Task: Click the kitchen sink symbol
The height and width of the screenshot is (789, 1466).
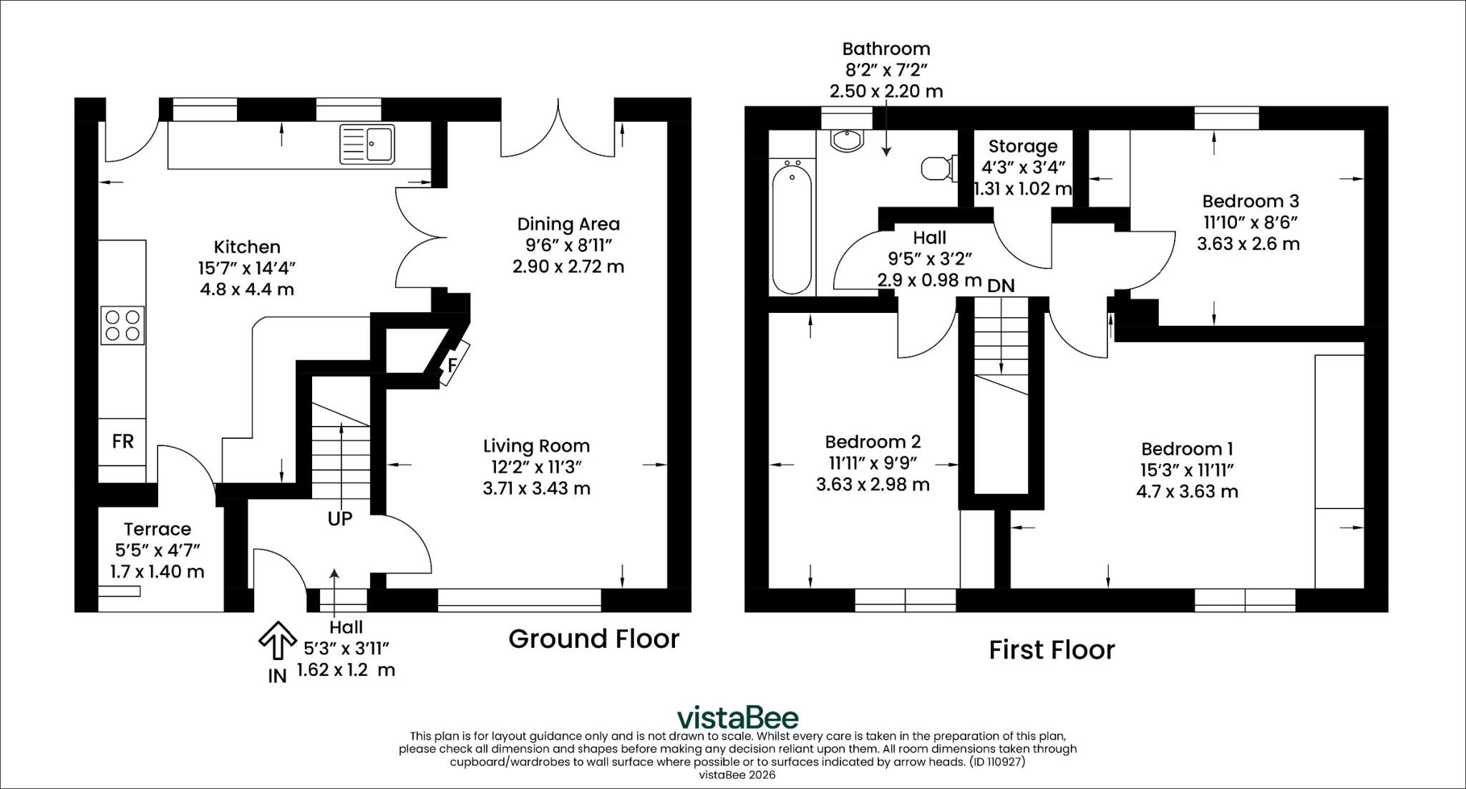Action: click(367, 144)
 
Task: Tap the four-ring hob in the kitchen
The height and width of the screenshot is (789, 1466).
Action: click(122, 326)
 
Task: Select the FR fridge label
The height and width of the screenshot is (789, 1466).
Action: click(123, 441)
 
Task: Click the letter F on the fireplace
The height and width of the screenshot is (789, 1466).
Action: click(452, 365)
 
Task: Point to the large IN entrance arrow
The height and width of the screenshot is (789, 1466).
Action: click(277, 639)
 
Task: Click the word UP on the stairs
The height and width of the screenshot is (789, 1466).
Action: click(340, 518)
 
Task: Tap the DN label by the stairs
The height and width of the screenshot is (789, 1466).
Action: click(1001, 286)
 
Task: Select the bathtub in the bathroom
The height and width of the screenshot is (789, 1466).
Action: click(792, 227)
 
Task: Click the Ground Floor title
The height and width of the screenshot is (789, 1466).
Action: click(594, 639)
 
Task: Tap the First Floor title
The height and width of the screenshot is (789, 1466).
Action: click(1052, 650)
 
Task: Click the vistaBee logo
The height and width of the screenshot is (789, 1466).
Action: click(738, 717)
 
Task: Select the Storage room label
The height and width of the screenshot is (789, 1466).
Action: click(1023, 146)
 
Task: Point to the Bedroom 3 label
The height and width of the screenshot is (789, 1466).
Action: click(1251, 201)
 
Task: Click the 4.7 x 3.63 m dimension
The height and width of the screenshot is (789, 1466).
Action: click(1187, 492)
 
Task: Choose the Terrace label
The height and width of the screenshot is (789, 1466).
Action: click(157, 529)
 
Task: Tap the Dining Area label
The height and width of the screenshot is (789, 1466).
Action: click(568, 224)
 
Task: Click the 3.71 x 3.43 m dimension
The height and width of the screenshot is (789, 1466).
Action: click(536, 488)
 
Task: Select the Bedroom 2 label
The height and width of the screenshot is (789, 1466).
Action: click(873, 442)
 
